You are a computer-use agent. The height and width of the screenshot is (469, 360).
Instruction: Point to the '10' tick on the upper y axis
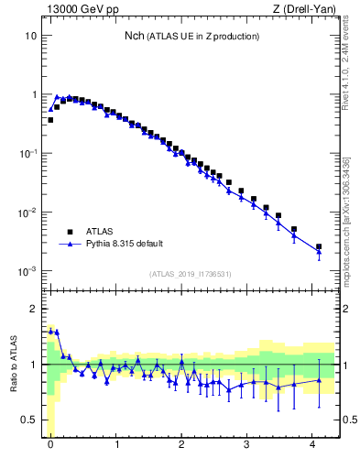[31, 36]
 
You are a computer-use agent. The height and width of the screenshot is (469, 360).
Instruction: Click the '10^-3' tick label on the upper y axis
[28, 271]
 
